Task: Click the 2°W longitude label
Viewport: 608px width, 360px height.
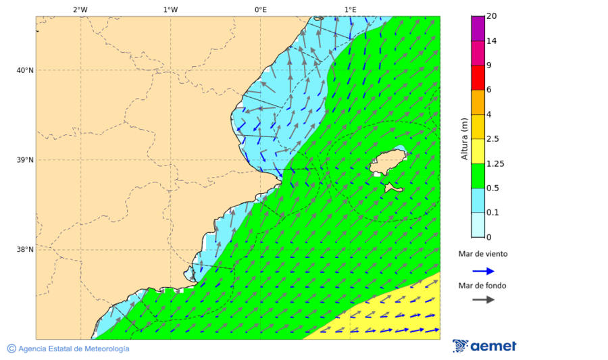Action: [x=80, y=9]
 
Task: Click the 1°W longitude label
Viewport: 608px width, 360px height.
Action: [x=170, y=9]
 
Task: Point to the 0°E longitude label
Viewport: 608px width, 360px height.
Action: [x=260, y=9]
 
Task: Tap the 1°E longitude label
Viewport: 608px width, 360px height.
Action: [x=350, y=9]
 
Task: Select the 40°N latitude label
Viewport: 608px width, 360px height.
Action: [x=25, y=70]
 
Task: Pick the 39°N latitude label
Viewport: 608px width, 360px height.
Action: [x=25, y=160]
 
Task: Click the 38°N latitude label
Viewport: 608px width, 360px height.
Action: [x=25, y=249]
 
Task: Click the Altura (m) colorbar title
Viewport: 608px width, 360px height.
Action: [x=464, y=138]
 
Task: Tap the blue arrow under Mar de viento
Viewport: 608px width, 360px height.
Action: [x=483, y=271]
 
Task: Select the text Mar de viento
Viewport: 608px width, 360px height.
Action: [x=482, y=254]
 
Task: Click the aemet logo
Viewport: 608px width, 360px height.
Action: [x=484, y=346]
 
